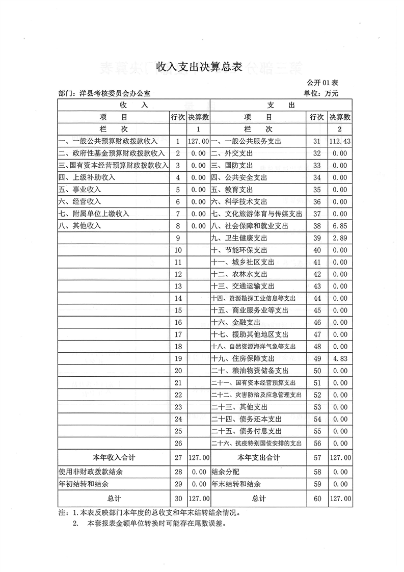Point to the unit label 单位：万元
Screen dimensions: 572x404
click(321, 93)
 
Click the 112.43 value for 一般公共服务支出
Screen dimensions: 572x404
click(340, 141)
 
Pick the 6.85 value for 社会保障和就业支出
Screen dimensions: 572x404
click(340, 226)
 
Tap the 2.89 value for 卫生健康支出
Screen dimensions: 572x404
click(340, 238)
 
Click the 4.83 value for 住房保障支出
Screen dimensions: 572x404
click(340, 359)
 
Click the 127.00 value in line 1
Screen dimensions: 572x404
click(198, 141)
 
